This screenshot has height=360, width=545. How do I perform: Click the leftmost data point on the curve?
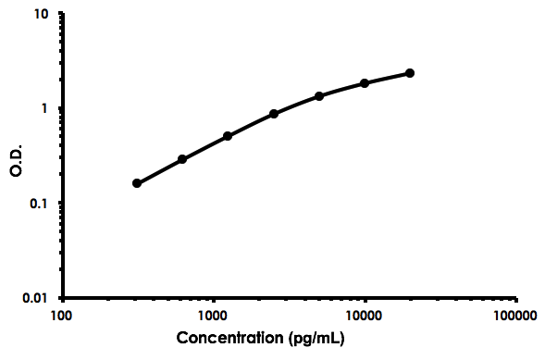point(137,183)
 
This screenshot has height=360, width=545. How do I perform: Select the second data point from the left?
point(182,159)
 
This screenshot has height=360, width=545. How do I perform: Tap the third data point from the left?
point(228,136)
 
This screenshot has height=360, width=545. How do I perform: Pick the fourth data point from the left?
point(274,114)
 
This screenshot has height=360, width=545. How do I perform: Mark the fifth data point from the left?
point(319,96)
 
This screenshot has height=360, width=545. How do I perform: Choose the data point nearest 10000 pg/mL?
point(365,83)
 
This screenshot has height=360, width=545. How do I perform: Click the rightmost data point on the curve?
point(410,73)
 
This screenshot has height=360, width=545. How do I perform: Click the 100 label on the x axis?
point(62,316)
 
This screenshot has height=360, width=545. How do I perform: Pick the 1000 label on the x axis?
point(214,316)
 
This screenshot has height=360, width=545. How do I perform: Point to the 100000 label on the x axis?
point(515,316)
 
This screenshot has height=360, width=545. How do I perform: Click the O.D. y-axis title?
point(17,157)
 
